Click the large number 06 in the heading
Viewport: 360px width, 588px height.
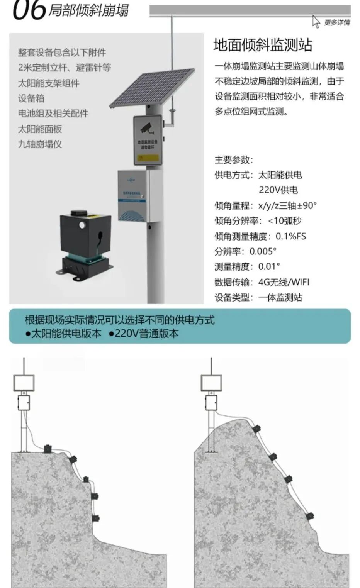(x=29, y=10)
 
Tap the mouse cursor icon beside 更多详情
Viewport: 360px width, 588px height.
(x=316, y=22)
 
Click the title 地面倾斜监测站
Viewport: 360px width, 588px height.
(x=263, y=45)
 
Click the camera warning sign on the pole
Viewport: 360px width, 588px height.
(x=148, y=140)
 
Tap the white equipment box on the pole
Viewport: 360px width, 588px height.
(x=133, y=196)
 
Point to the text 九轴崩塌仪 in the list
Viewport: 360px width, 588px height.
(x=40, y=144)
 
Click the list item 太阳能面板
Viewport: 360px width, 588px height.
(x=40, y=129)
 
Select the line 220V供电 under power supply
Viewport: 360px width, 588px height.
(x=278, y=190)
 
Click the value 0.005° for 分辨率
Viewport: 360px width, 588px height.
(x=263, y=251)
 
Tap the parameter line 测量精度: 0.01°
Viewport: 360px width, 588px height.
(x=247, y=266)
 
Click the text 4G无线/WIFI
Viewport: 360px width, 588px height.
(x=284, y=282)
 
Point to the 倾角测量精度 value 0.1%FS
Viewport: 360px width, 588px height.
(x=290, y=236)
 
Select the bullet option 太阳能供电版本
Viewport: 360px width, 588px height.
(x=63, y=334)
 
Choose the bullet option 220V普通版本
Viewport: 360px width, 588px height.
(x=144, y=334)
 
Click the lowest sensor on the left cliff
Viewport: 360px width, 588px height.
(x=95, y=518)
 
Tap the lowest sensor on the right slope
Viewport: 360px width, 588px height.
(x=309, y=515)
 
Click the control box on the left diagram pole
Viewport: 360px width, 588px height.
(x=24, y=402)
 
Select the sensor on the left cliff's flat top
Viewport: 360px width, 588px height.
(x=48, y=448)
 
